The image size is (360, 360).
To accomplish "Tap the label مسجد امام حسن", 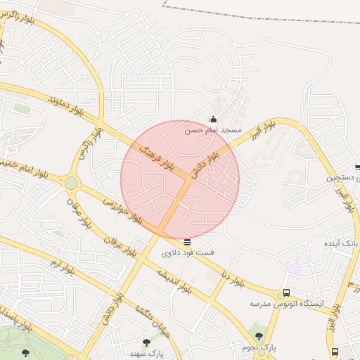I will pos(213,130).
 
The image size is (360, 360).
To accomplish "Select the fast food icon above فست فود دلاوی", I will pos(186,242).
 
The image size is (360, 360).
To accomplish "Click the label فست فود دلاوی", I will pos(188,252).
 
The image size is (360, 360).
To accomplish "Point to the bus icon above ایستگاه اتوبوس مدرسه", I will pos(286,293).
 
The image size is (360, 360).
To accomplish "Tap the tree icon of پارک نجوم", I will pos(259,336).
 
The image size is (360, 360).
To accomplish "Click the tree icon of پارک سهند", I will pos(146,342).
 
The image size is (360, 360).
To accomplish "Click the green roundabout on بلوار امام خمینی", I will pos(71,184).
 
